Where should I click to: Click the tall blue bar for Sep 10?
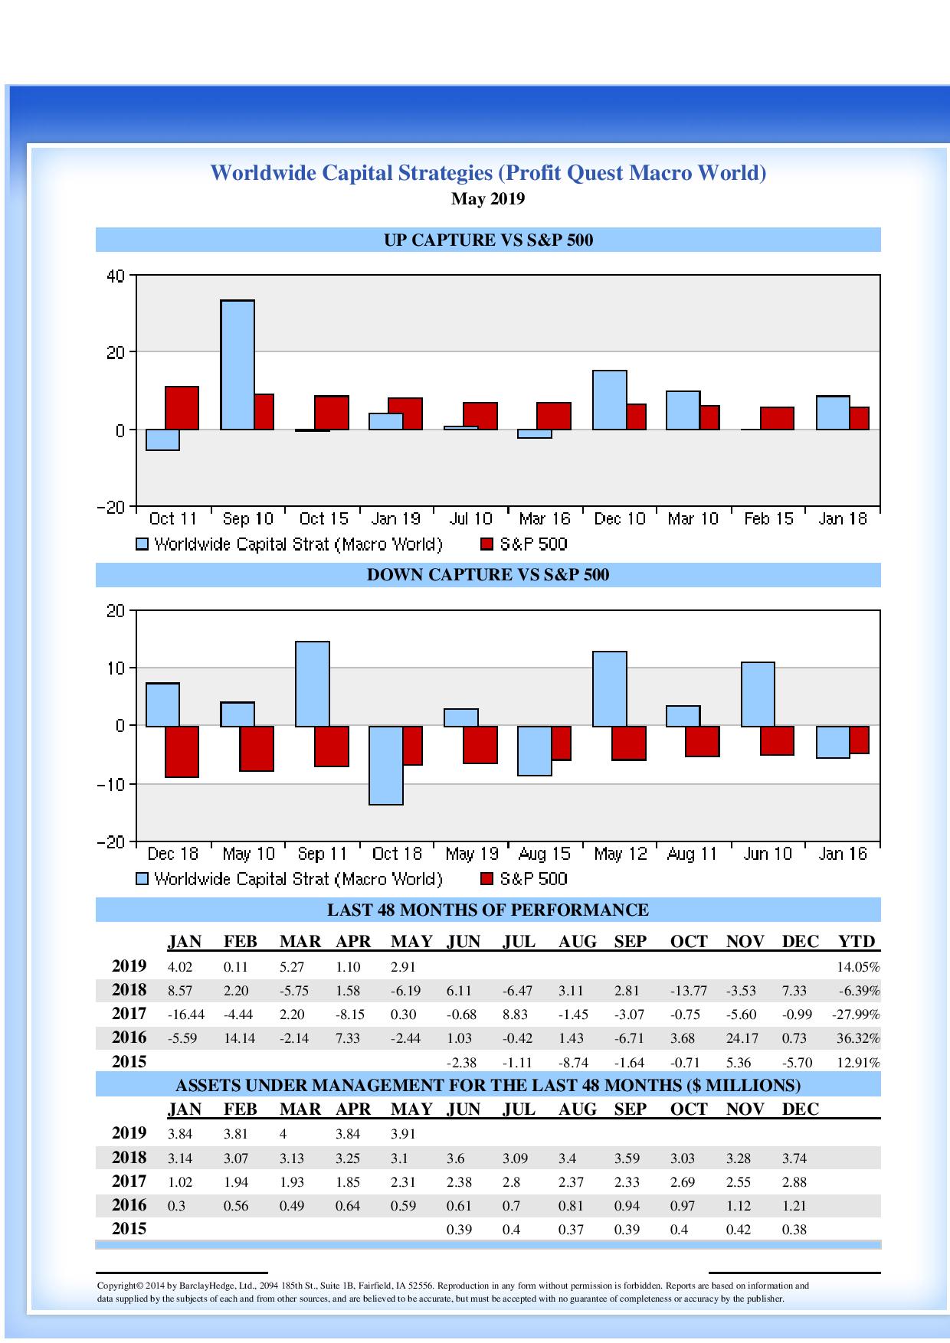pyautogui.click(x=237, y=364)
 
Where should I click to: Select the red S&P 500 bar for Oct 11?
pyautogui.click(x=182, y=408)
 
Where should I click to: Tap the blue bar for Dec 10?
pyautogui.click(x=610, y=400)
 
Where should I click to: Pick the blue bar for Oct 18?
pyautogui.click(x=386, y=765)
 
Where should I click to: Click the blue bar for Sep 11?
pyautogui.click(x=313, y=684)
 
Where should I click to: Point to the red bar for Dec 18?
pyautogui.click(x=182, y=751)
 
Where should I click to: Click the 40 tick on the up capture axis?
pyautogui.click(x=115, y=276)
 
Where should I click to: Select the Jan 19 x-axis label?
pyautogui.click(x=396, y=519)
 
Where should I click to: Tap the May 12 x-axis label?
pyautogui.click(x=620, y=854)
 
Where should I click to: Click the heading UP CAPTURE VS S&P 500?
pyautogui.click(x=488, y=240)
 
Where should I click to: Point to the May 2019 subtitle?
pyautogui.click(x=488, y=199)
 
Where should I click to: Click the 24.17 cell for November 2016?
pyautogui.click(x=742, y=1039)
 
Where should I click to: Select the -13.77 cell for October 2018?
pyautogui.click(x=688, y=991)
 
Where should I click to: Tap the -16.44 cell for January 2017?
pyautogui.click(x=185, y=1015)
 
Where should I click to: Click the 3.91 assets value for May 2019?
pyautogui.click(x=403, y=1135)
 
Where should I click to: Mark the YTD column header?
pyautogui.click(x=857, y=942)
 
